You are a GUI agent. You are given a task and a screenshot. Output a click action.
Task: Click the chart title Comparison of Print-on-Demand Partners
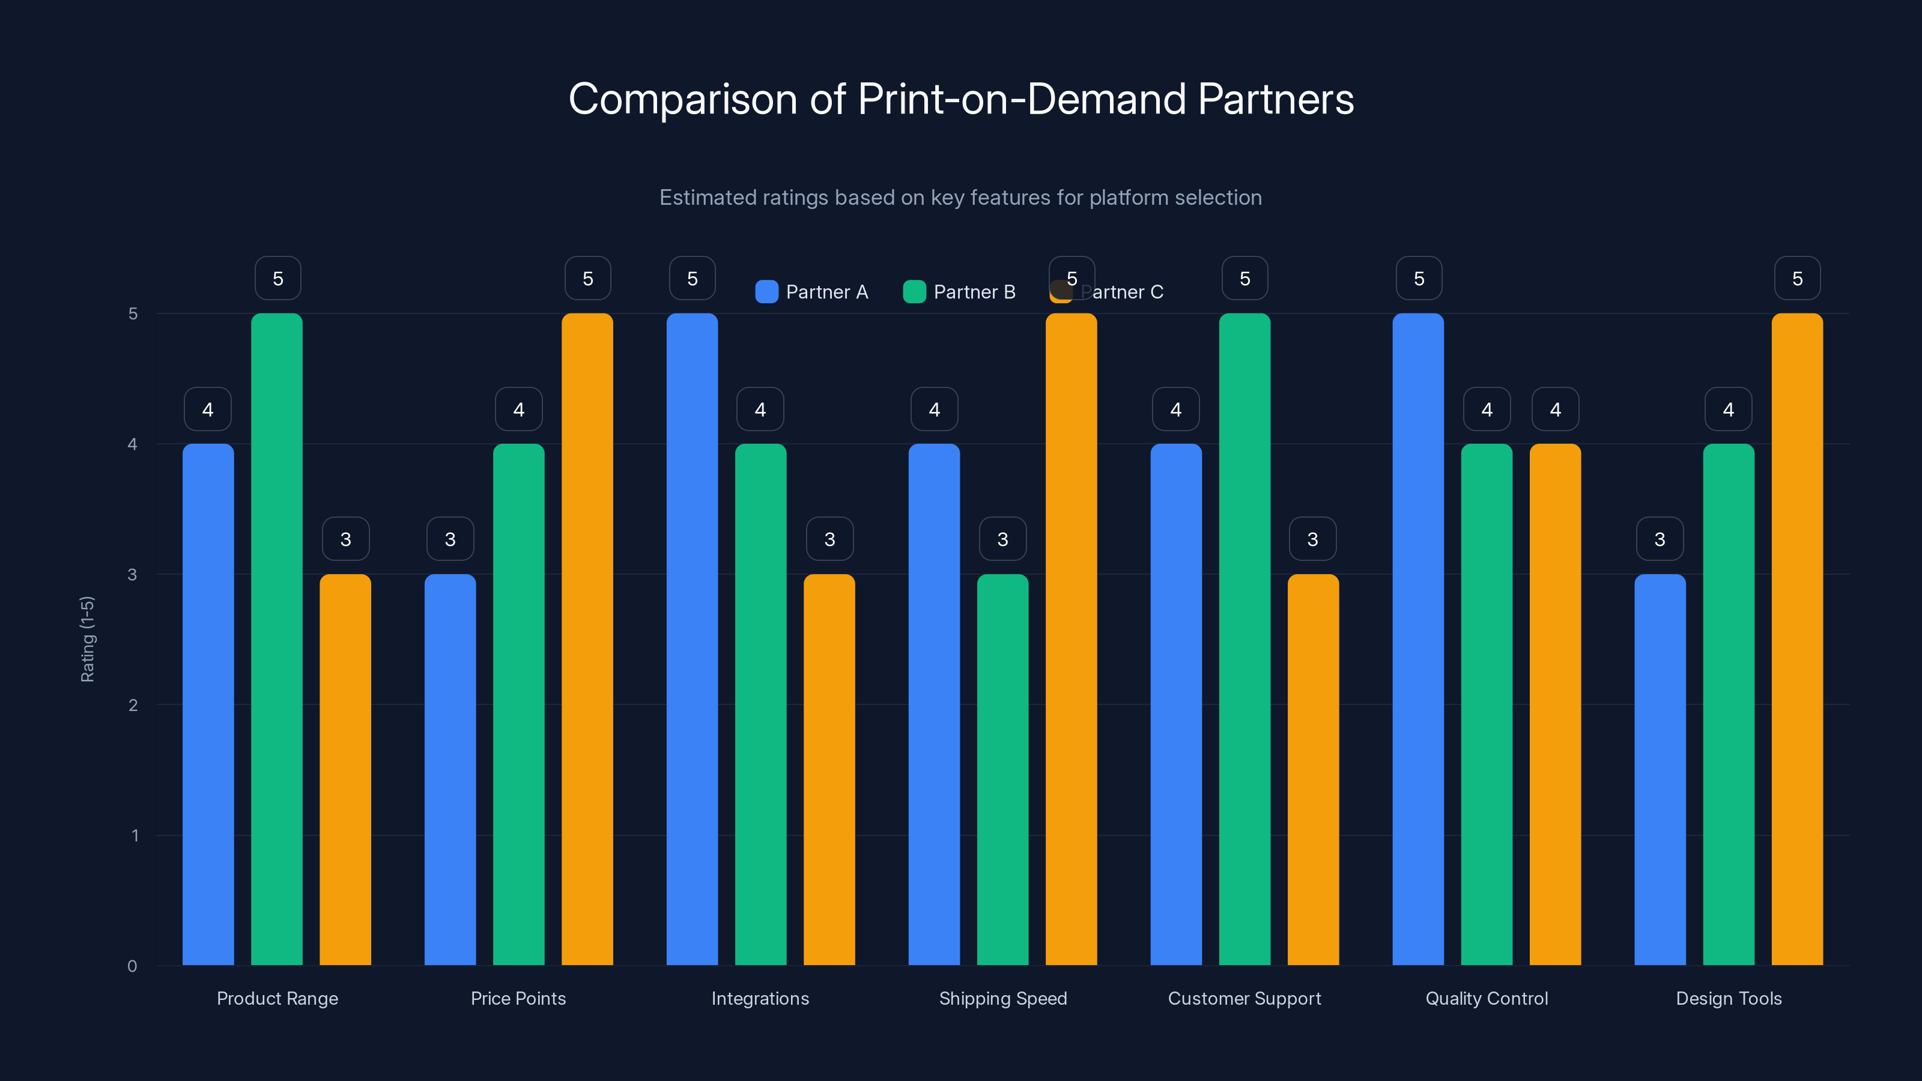961,99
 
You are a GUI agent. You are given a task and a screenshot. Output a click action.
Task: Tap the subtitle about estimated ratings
960,198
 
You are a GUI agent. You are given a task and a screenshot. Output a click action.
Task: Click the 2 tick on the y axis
133,705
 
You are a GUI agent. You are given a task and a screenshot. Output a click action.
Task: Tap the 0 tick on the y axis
132,966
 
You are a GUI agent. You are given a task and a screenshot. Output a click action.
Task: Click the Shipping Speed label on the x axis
1003,998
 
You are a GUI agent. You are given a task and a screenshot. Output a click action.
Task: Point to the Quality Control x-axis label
1487,998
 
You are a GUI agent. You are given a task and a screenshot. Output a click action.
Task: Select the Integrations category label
760,998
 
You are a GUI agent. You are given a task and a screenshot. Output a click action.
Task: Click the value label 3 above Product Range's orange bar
345,539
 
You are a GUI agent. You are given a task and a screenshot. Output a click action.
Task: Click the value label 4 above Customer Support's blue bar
1175,410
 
